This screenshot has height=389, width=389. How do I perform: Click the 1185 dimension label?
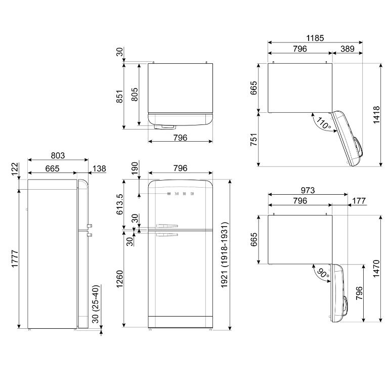[315, 38]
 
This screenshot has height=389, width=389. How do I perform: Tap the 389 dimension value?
[348, 49]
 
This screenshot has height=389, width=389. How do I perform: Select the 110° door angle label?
[323, 123]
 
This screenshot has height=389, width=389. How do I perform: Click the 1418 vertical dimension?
[376, 115]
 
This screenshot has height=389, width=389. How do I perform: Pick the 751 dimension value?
[253, 140]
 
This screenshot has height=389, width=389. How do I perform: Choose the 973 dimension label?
[308, 190]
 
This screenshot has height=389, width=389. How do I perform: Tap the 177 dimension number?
[359, 200]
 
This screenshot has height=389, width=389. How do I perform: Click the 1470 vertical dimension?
[376, 269]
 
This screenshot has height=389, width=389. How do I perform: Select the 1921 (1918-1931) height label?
[224, 255]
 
